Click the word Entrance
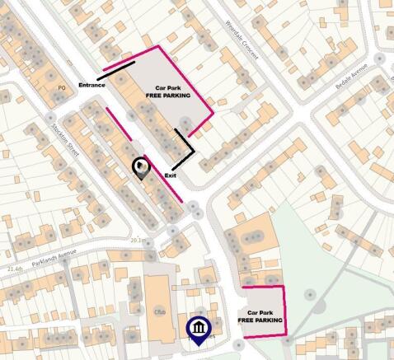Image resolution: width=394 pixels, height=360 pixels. click(92, 85)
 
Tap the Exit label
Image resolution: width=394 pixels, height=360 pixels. click(171, 175)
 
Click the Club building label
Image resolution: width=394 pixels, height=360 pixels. click(161, 311)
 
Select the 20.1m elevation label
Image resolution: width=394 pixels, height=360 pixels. click(138, 240)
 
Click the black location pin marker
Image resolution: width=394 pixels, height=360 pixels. click(141, 169)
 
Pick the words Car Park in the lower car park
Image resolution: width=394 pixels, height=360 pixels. click(259, 312)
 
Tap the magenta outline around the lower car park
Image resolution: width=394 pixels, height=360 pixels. click(284, 309)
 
